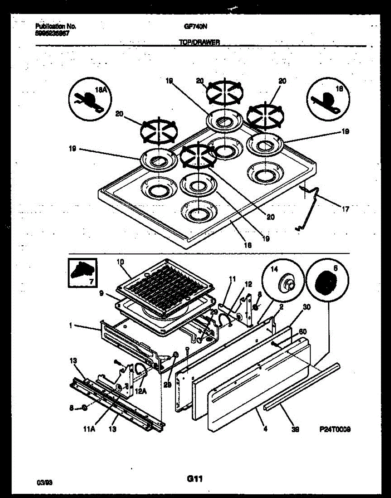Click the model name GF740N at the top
[195, 26]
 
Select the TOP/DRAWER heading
[199, 42]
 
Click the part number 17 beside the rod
[345, 210]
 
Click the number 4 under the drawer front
[265, 429]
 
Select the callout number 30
[307, 308]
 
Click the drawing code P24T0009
[335, 430]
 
